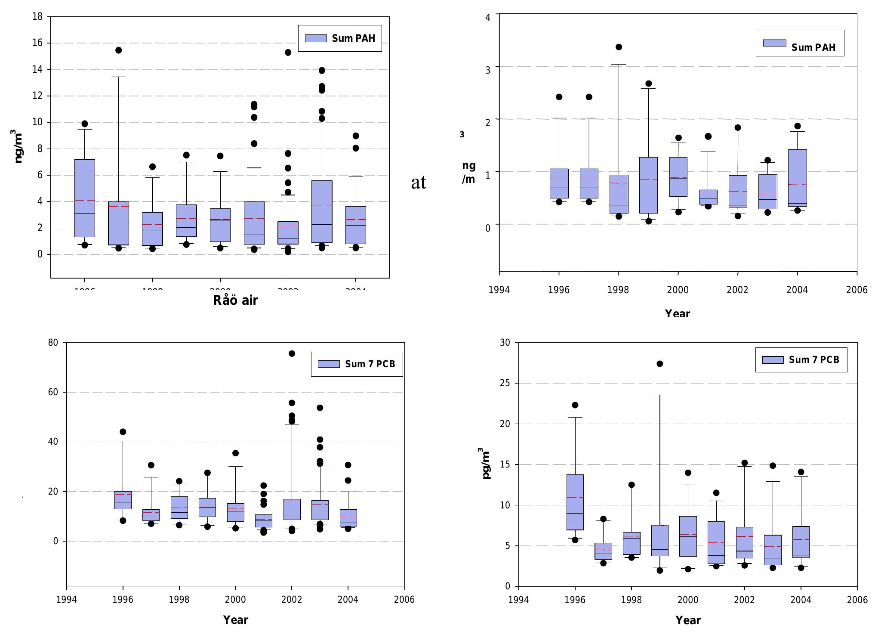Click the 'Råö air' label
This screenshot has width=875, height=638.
tap(235, 300)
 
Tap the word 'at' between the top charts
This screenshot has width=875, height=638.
tap(419, 183)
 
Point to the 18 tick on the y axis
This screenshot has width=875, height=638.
tap(37, 17)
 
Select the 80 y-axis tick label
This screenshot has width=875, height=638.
tap(53, 343)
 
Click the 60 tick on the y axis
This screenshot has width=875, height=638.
tap(53, 392)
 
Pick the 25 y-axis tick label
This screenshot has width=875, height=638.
tap(505, 383)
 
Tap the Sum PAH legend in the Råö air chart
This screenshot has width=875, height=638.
tap(340, 38)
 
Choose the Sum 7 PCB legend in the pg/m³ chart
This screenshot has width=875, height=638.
tap(801, 360)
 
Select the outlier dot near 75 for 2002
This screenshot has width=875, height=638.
tap(292, 353)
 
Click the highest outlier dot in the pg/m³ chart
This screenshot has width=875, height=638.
tap(660, 364)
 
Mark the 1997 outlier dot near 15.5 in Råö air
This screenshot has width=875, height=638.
tap(118, 50)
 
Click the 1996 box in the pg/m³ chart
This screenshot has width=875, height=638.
tap(575, 502)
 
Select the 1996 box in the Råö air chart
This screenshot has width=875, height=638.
tap(85, 198)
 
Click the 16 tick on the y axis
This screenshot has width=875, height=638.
tap(37, 43)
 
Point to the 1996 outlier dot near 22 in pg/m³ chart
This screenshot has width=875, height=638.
tap(575, 405)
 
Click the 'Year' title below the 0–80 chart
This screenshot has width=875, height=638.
tap(236, 620)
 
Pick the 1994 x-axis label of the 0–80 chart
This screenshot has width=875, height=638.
tap(67, 600)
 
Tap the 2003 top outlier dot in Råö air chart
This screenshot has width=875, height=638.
tap(322, 71)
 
